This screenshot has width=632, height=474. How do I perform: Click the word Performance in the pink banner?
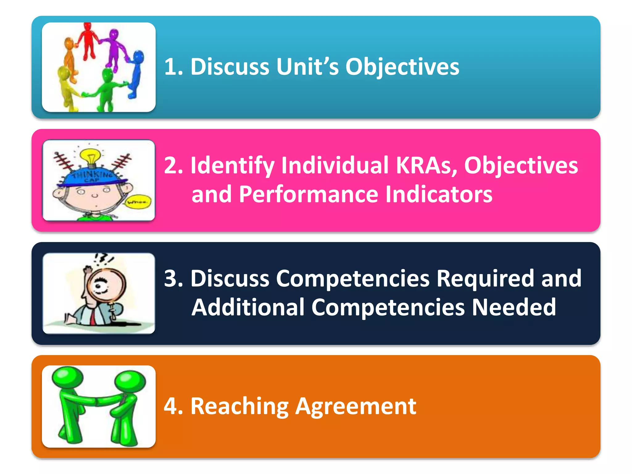pos(309,194)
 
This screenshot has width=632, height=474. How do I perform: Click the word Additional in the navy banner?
pos(248,307)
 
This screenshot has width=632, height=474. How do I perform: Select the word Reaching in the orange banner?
pos(239,407)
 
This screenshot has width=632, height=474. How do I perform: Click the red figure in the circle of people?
pos(88,40)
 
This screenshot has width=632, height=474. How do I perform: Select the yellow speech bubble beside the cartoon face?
pos(139,202)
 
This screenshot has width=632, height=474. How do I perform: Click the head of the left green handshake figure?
pos(68,377)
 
